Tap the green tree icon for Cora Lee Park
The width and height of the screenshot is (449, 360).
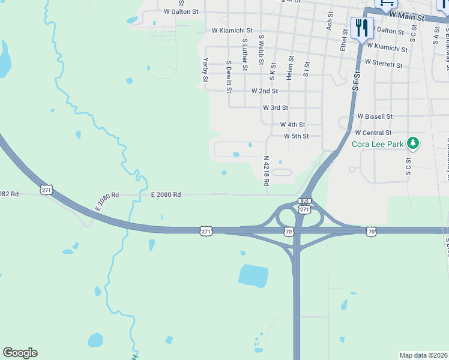412,143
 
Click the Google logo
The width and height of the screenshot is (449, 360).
20,353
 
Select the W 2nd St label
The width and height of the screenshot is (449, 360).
264,91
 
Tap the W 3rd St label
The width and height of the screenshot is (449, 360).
276,108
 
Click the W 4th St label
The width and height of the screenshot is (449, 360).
292,125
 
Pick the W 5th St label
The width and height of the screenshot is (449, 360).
296,136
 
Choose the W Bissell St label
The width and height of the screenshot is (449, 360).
375,116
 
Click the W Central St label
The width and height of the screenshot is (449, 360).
373,133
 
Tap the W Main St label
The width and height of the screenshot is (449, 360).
406,17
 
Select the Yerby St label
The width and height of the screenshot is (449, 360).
205,70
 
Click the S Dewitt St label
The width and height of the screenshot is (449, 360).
229,77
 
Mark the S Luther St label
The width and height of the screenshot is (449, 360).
245,55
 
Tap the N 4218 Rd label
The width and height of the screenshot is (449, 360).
266,171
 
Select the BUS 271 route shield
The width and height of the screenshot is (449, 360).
304,205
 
